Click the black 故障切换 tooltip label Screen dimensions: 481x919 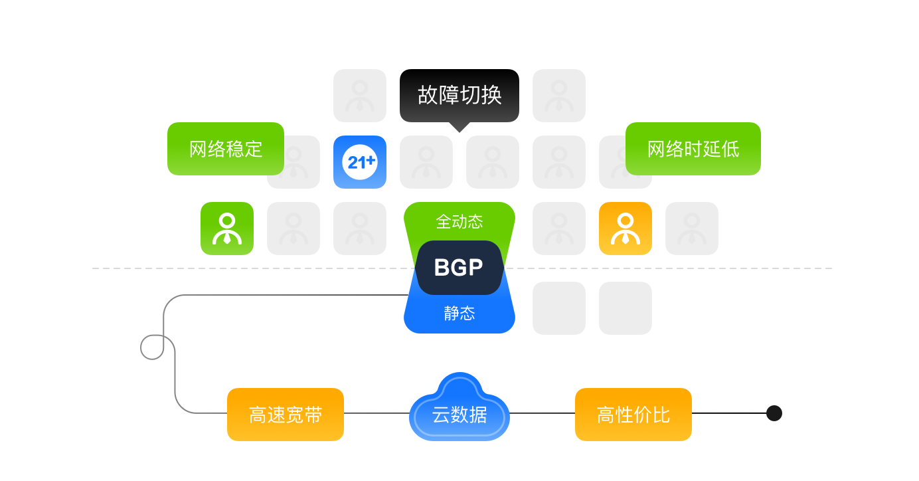coord(459,95)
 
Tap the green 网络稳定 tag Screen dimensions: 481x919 coord(226,149)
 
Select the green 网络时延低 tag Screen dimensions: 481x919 coord(693,149)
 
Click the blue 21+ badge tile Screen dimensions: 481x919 coord(360,162)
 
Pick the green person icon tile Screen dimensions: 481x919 coord(227,229)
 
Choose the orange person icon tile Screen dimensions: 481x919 coord(626,229)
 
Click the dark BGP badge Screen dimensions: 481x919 coord(459,268)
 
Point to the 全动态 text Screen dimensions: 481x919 coord(459,221)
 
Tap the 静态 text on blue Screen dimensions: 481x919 coord(459,313)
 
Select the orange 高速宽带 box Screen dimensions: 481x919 coord(286,415)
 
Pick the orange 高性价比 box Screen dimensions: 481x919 coord(633,415)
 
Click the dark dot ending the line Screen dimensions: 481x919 coord(774,413)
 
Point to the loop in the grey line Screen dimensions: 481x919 coord(153,347)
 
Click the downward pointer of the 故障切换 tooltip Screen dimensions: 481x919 coord(459,126)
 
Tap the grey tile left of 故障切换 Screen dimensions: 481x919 coord(360,96)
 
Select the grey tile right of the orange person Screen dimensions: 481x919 coord(692,229)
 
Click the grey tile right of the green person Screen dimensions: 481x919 coord(293,229)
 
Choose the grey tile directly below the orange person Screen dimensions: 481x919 coord(626,308)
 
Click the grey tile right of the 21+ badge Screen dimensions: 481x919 coord(426,162)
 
